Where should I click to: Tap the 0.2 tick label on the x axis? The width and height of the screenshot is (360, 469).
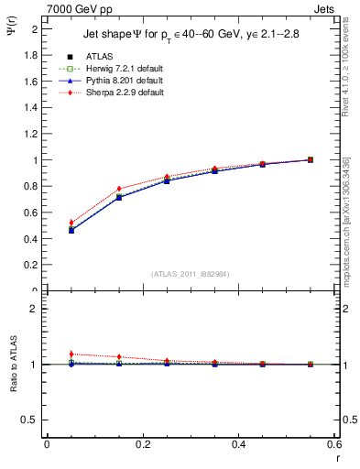142,443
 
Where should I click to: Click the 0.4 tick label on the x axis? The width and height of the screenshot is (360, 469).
238,443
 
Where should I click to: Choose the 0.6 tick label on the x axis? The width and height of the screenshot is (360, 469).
333,443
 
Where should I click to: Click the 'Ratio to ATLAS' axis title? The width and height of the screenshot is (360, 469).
12,365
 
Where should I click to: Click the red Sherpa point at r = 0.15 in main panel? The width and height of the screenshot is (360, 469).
119,189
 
